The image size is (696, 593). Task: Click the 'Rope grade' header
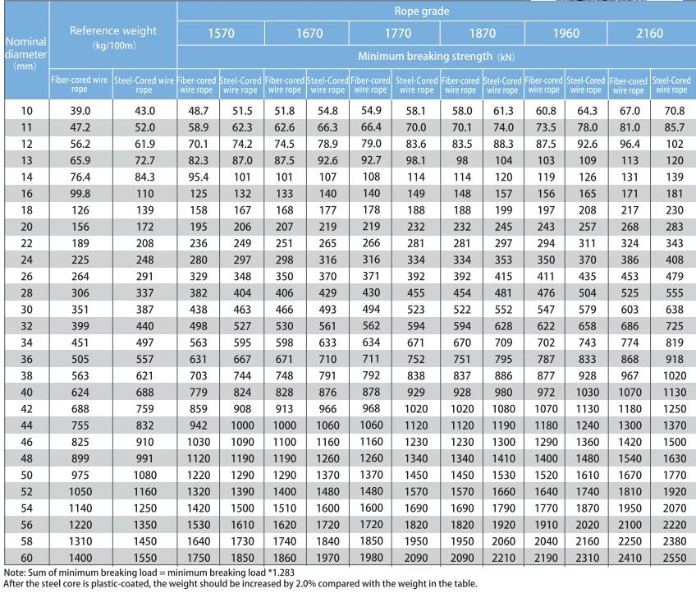[x=422, y=11]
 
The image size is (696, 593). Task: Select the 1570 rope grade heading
[x=221, y=34]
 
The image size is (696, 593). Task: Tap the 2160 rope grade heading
[x=649, y=34]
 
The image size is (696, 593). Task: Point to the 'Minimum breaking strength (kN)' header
[x=437, y=57]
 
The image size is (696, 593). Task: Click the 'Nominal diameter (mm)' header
[x=25, y=53]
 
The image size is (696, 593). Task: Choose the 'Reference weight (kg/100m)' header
[x=113, y=37]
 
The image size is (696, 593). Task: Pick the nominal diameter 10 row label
[x=26, y=111]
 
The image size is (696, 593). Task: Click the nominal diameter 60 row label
[x=26, y=558]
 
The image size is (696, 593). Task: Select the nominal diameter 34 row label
[x=26, y=342]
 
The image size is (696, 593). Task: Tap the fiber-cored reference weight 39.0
[x=80, y=111]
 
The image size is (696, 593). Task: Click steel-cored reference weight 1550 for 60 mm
[x=144, y=558]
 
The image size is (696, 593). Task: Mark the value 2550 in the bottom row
[x=675, y=558]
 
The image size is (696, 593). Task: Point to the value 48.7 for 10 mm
[x=199, y=111]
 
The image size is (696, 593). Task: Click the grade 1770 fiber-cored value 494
[x=371, y=309]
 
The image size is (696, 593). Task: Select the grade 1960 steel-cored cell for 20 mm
[x=588, y=227]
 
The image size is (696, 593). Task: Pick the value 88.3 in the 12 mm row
[x=503, y=144]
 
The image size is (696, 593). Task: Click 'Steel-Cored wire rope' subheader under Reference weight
[x=144, y=85]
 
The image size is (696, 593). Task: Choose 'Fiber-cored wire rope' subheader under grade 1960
[x=543, y=85]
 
